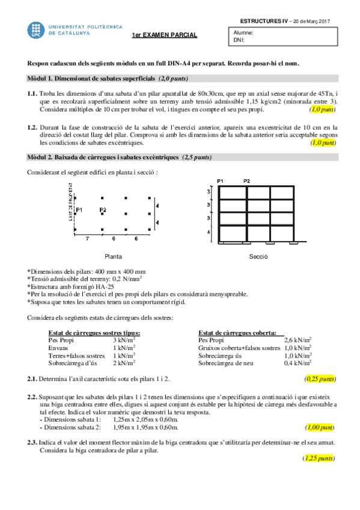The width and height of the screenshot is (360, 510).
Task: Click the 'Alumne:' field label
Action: click(243, 33)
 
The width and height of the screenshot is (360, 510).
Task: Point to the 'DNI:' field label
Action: click(239, 41)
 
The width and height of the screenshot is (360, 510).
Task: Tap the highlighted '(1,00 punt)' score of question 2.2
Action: click(320, 428)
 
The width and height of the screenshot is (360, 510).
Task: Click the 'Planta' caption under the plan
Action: click(112, 256)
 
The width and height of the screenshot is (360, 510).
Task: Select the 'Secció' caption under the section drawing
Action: click(258, 256)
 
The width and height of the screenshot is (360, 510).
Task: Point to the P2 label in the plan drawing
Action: click(103, 210)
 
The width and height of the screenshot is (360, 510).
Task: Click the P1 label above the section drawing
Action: click(220, 181)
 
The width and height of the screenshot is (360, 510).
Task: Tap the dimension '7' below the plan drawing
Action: click(87, 239)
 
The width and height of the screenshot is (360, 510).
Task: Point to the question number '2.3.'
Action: click(32, 443)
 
